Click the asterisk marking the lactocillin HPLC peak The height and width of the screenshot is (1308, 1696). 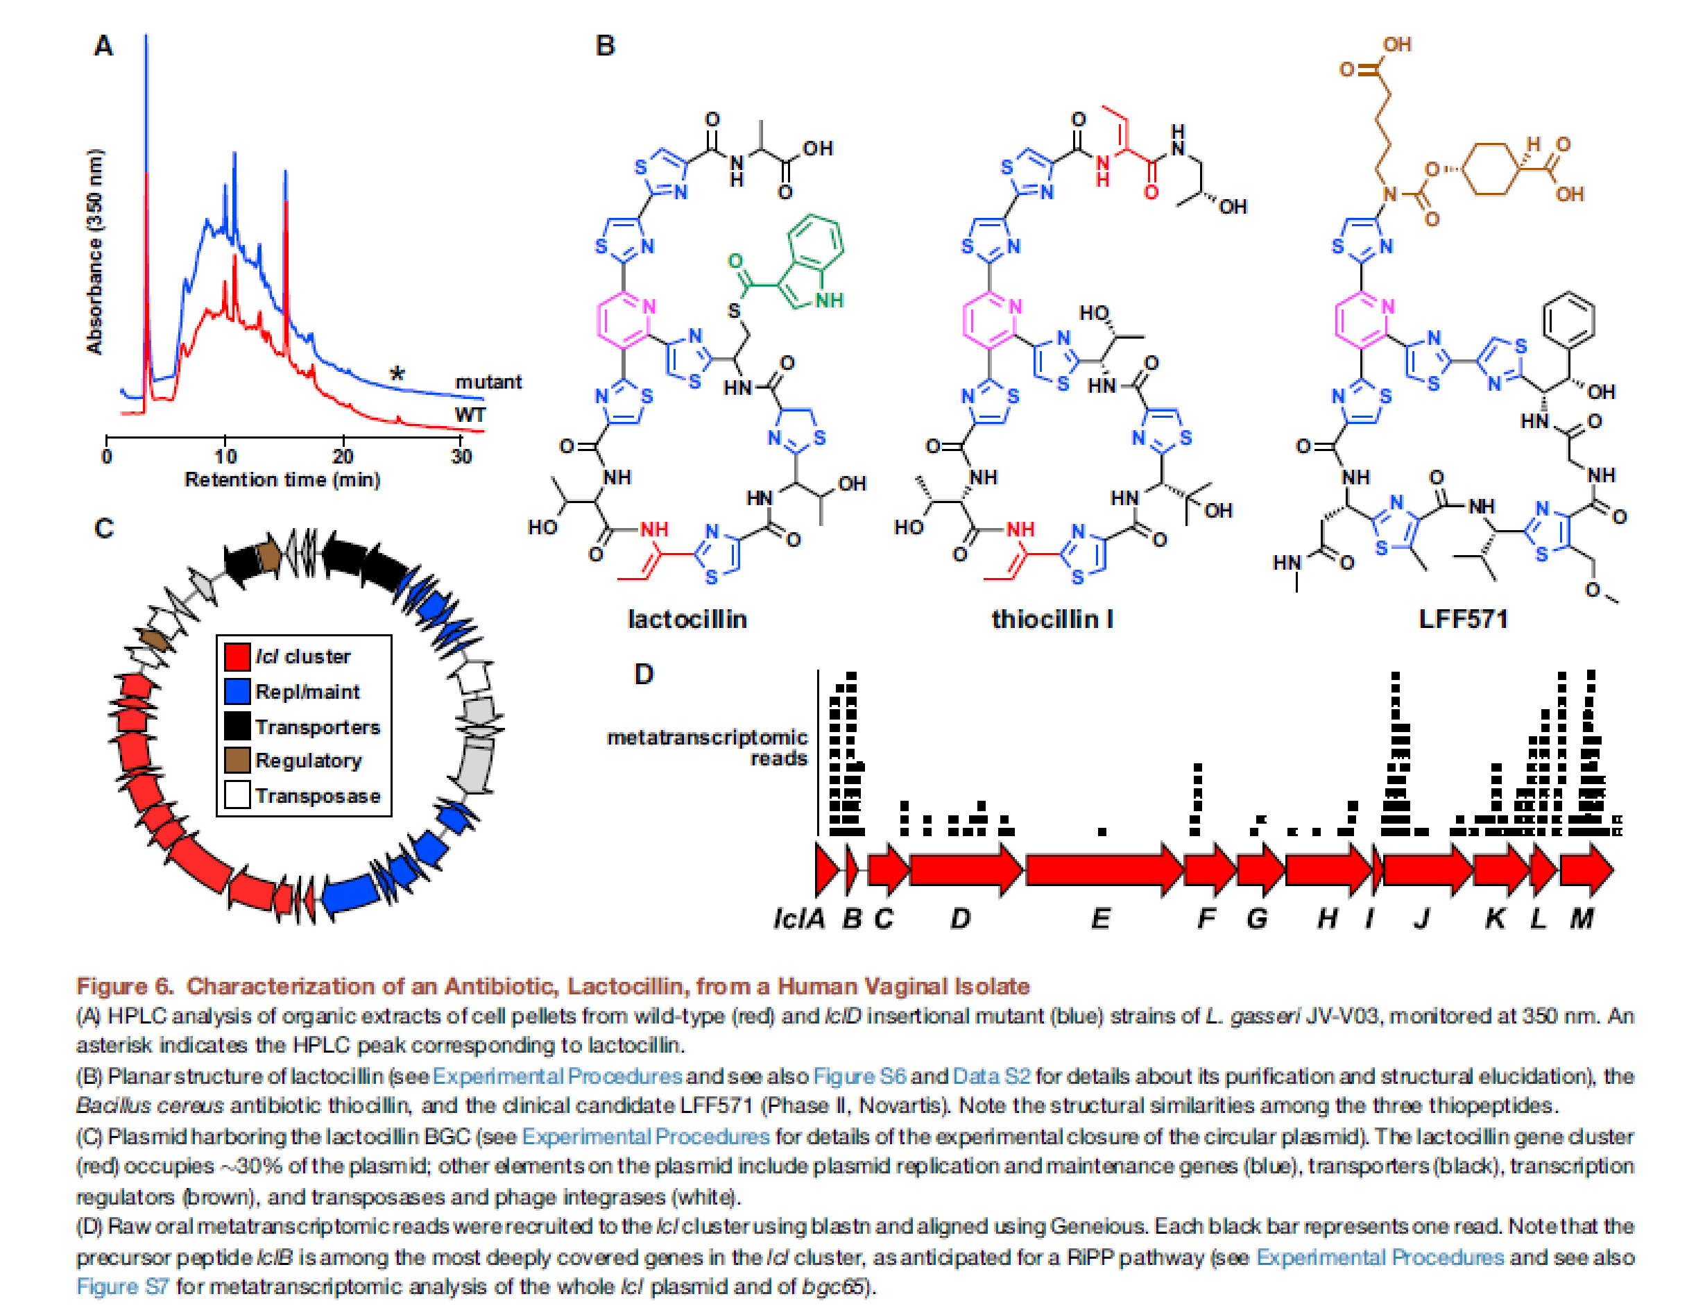point(397,373)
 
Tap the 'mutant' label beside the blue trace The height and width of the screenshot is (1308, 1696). point(488,382)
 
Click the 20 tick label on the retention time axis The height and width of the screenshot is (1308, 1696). point(343,456)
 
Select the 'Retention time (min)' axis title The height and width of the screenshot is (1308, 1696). point(282,479)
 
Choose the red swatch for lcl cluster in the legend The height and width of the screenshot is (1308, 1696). point(237,656)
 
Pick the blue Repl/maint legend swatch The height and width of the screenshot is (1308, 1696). point(237,691)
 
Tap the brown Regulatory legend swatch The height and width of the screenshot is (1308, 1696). point(237,761)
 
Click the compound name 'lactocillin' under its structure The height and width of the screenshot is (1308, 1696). point(687,619)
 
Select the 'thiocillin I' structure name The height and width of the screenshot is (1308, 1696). point(1052,619)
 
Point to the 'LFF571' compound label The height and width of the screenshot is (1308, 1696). point(1463,619)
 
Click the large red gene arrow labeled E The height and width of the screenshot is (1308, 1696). point(1103,870)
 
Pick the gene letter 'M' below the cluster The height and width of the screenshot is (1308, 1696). point(1582,919)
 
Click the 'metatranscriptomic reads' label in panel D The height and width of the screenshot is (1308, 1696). point(707,747)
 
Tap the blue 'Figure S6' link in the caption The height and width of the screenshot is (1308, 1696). point(859,1076)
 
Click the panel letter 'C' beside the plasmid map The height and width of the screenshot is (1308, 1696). point(103,529)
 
